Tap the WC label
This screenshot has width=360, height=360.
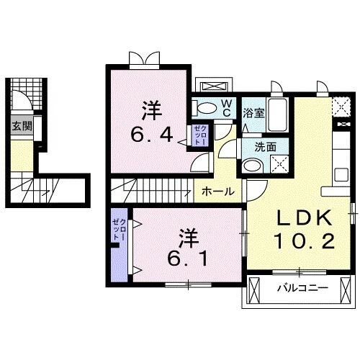point(225,108)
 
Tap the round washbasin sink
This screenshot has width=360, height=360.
point(251,165)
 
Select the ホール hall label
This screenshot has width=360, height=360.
point(217,192)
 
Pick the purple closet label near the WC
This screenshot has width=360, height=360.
point(199,136)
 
